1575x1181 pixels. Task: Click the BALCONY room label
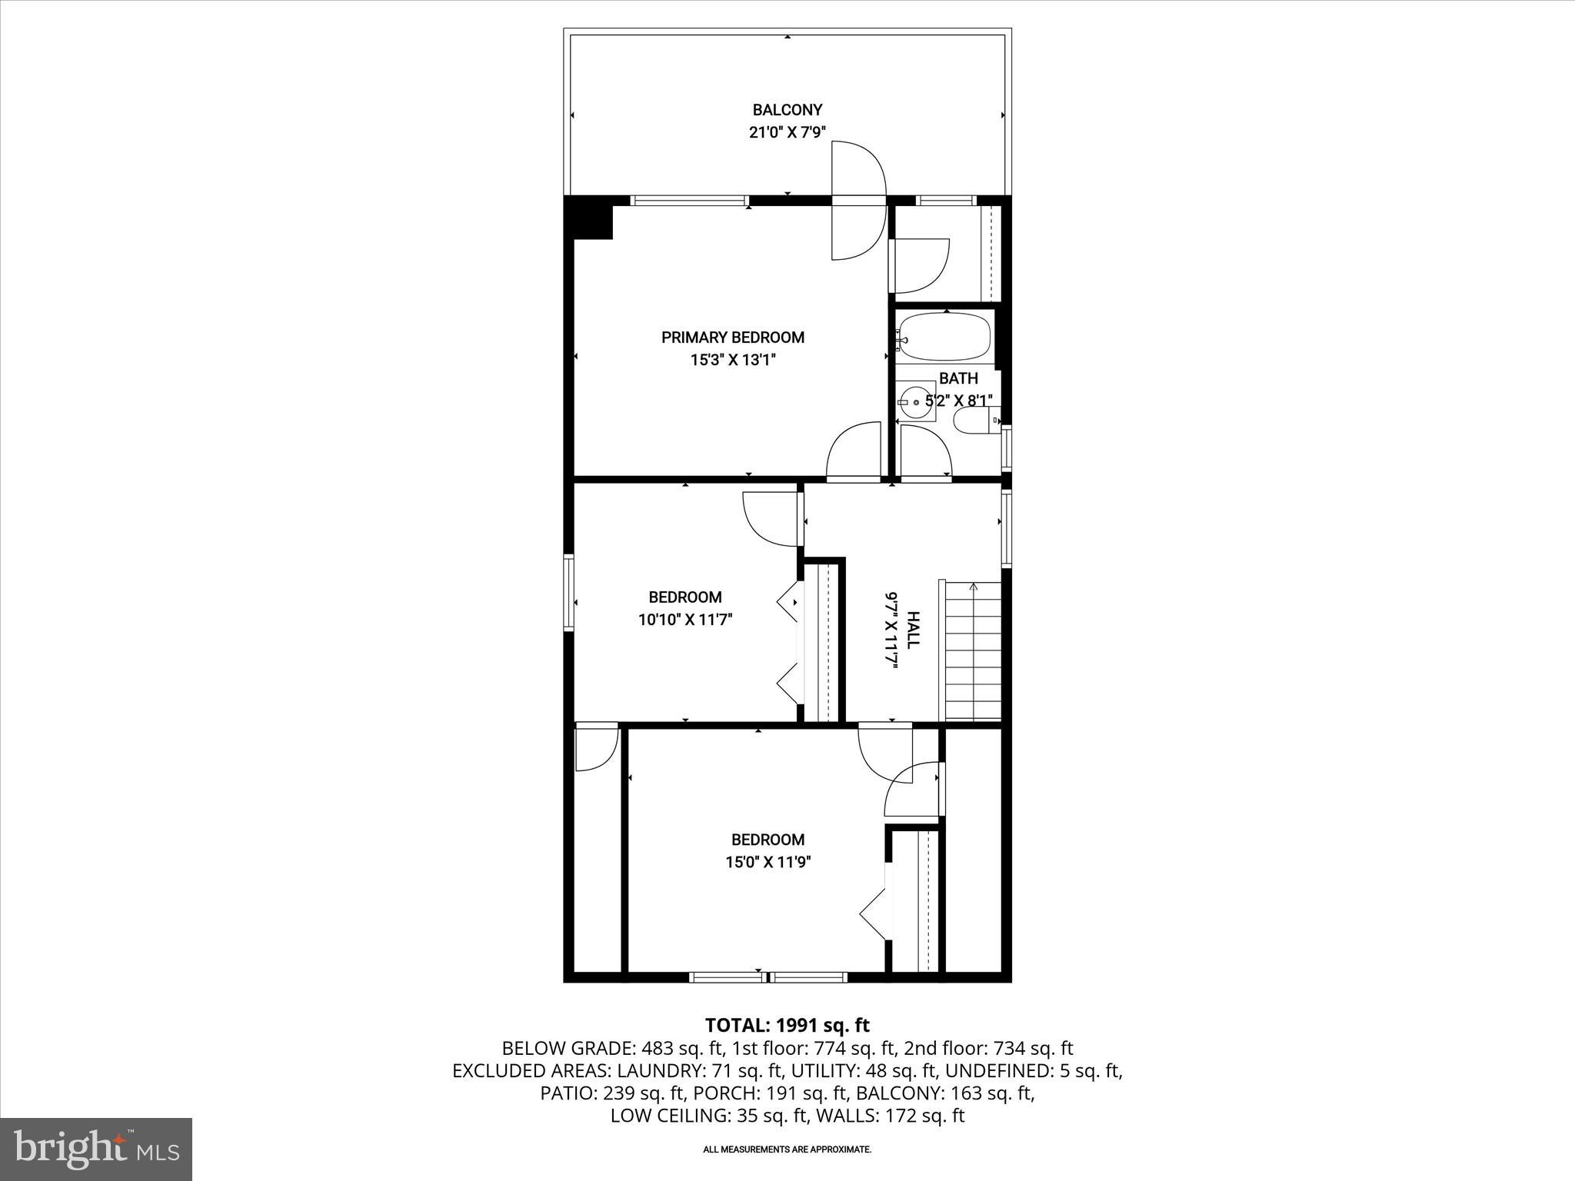[787, 110]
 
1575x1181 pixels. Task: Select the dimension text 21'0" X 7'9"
[787, 132]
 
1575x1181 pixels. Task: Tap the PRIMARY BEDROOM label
[732, 338]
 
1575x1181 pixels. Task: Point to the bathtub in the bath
[945, 337]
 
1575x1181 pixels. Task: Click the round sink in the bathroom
[916, 401]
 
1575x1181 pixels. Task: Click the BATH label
[958, 378]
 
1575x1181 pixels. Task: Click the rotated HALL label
[913, 630]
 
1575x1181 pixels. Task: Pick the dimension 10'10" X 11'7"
[684, 620]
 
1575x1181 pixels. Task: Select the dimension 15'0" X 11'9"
[768, 862]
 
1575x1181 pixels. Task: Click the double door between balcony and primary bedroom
[857, 201]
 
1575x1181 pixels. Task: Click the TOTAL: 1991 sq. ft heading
[787, 1025]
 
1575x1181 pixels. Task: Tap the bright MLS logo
[96, 1149]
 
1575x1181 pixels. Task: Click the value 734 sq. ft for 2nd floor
[1033, 1048]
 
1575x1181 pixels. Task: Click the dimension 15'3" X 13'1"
[732, 360]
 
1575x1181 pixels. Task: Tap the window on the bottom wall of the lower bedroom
[768, 977]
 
